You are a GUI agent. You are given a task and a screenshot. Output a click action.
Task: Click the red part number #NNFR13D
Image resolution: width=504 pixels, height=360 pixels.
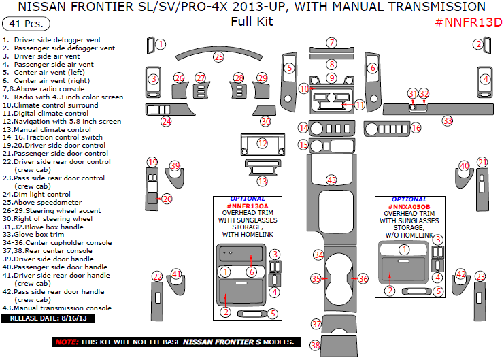point(468,22)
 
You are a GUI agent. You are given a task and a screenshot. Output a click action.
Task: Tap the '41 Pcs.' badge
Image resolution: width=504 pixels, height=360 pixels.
point(26,24)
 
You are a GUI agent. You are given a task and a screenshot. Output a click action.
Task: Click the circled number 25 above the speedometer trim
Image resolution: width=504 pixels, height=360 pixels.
point(218,56)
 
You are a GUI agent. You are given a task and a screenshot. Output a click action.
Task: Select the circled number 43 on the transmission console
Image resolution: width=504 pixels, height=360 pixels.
point(331,180)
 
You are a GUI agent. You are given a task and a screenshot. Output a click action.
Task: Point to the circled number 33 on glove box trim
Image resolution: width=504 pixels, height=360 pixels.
point(447,120)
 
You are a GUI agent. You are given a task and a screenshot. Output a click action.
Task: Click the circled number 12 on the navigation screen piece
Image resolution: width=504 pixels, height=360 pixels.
point(262,144)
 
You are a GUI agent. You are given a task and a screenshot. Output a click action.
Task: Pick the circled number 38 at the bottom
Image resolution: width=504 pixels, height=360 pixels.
point(316,345)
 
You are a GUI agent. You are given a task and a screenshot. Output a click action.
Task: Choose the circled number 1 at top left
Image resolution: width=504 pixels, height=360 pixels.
point(161,44)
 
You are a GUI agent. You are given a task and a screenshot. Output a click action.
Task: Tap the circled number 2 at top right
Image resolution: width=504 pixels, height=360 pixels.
point(478,44)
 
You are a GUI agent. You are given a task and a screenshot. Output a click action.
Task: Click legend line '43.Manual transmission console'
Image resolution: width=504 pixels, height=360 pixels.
point(56,308)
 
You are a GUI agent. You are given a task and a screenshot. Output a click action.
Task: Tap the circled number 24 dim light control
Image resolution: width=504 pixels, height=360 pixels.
point(166,121)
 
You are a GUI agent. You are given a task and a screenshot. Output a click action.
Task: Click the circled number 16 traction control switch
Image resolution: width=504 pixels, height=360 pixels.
point(415,127)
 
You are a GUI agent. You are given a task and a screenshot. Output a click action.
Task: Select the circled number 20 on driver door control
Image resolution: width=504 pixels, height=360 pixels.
point(167,199)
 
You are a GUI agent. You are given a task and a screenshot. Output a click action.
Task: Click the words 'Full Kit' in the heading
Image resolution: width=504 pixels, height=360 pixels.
point(252,22)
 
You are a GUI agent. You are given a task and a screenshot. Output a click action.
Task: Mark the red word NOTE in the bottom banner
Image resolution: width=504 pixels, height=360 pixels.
point(67,342)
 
